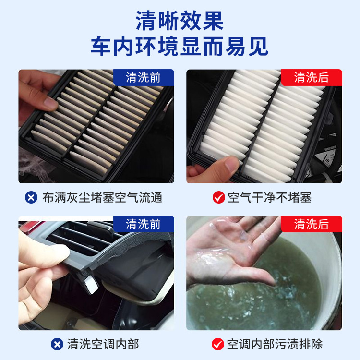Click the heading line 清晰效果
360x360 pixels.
(180, 22)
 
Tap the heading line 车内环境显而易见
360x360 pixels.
(180, 47)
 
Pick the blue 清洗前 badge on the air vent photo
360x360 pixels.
(143, 224)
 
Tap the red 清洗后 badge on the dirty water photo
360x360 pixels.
(311, 224)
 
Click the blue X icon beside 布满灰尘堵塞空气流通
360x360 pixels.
(31, 197)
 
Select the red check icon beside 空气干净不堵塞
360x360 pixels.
(218, 197)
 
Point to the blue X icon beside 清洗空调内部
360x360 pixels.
(57, 344)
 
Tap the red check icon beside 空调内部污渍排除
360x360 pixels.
(218, 344)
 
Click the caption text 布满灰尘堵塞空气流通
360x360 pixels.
(102, 197)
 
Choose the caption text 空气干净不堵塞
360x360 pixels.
(269, 197)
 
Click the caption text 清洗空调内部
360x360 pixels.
(103, 344)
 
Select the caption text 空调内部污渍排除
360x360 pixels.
(275, 344)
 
